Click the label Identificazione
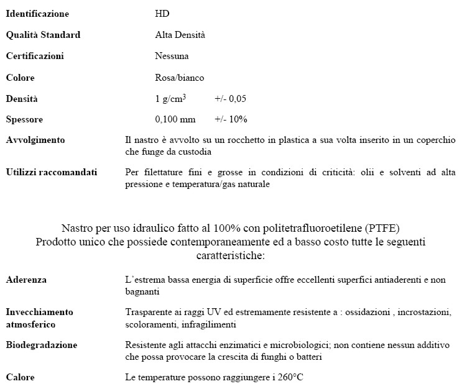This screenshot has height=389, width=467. click(x=37, y=14)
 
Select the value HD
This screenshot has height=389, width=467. click(x=162, y=14)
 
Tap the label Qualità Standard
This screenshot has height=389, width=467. click(x=43, y=35)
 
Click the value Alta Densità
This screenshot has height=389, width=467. click(x=180, y=35)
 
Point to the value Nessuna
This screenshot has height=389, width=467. click(x=172, y=56)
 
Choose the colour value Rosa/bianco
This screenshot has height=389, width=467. click(x=179, y=78)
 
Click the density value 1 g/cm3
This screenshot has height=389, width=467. click(x=170, y=98)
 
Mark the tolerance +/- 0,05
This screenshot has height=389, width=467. click(x=231, y=99)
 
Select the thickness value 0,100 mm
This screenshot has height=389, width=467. click(x=175, y=119)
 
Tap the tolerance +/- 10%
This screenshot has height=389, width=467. click(x=231, y=119)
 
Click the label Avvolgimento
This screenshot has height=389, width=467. click(x=35, y=140)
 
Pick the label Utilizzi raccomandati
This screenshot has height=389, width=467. click(x=52, y=172)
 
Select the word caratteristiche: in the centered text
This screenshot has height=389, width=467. click(x=229, y=255)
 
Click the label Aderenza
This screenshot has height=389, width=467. click(x=26, y=280)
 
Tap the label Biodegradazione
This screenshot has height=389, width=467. click(x=42, y=344)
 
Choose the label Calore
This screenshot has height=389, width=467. click(x=20, y=377)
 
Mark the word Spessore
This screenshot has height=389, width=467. click(x=24, y=119)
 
